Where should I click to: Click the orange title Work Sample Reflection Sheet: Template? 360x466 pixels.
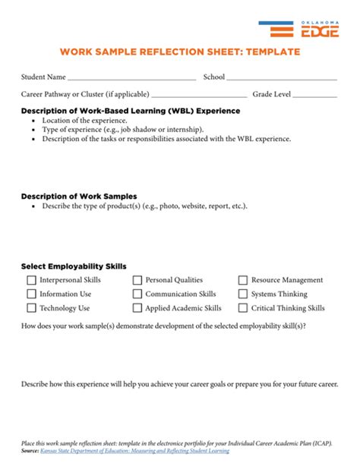(x=180, y=52)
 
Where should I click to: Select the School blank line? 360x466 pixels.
(x=281, y=78)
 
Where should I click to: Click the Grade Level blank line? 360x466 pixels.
(x=314, y=96)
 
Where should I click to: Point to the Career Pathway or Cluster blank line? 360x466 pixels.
(x=199, y=96)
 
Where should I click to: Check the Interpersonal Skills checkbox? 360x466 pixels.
(x=31, y=280)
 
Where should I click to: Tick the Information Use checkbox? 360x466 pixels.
(x=31, y=294)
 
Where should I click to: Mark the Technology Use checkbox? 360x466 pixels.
(x=31, y=308)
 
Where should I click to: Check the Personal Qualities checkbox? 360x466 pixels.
(x=137, y=280)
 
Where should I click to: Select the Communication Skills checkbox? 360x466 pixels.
(x=137, y=294)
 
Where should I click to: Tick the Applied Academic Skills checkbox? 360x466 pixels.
(x=137, y=308)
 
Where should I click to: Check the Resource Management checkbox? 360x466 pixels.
(x=243, y=280)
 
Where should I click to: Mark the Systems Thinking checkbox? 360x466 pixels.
(x=243, y=294)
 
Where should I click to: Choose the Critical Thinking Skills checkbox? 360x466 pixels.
(x=243, y=308)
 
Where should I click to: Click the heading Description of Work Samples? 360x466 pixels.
(x=79, y=197)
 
